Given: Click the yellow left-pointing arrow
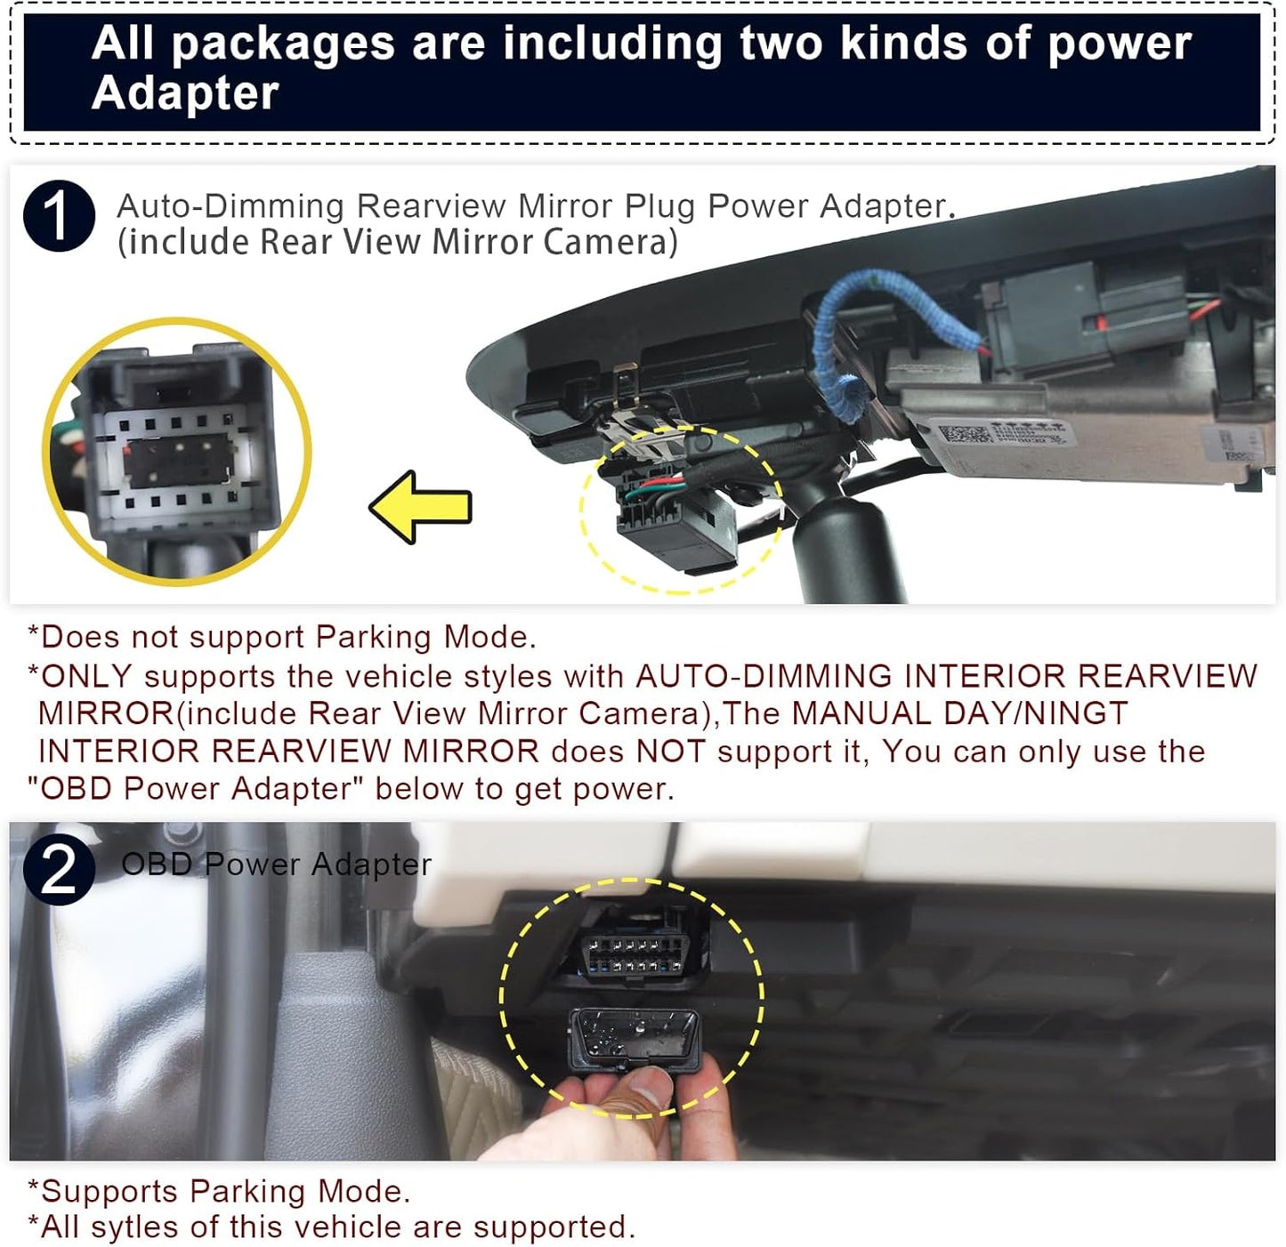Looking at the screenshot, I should pos(419,507).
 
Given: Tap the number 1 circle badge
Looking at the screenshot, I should pos(59,216).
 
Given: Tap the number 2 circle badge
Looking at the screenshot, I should pos(59,869).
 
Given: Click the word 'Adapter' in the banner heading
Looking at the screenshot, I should pos(185,93).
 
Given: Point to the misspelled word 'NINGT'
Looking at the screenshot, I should pos(1077,713).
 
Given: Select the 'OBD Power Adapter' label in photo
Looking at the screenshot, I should pos(276,864).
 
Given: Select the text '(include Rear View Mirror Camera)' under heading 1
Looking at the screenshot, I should pos(398,242).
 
